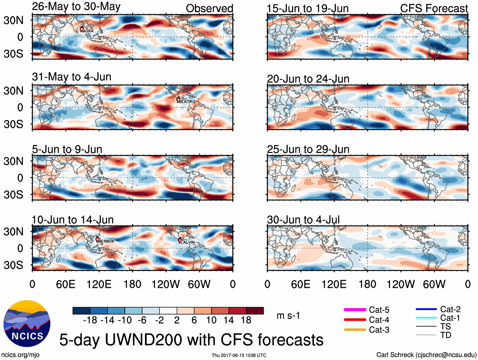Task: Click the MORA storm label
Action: [x=88, y=31]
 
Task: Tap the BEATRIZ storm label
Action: [x=187, y=102]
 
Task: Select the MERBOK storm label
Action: [x=106, y=241]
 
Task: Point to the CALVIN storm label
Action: [x=187, y=242]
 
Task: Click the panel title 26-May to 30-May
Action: [x=76, y=7]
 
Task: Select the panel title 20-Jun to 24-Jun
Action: [x=308, y=79]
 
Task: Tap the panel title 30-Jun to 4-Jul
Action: [x=303, y=219]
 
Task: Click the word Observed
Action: [x=209, y=9]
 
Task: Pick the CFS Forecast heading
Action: [x=434, y=9]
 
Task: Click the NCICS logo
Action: [x=27, y=323]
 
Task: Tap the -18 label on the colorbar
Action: [x=90, y=320]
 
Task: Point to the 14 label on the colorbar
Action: [x=229, y=320]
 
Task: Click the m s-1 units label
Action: [x=288, y=316]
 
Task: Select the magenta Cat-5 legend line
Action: [x=355, y=310]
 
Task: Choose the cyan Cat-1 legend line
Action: [x=426, y=318]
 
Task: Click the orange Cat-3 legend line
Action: [x=355, y=330]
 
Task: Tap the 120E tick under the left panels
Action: [x=99, y=284]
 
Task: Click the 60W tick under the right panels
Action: [x=434, y=284]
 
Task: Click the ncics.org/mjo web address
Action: [x=20, y=355]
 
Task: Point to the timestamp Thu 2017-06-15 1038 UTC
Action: [x=239, y=355]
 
